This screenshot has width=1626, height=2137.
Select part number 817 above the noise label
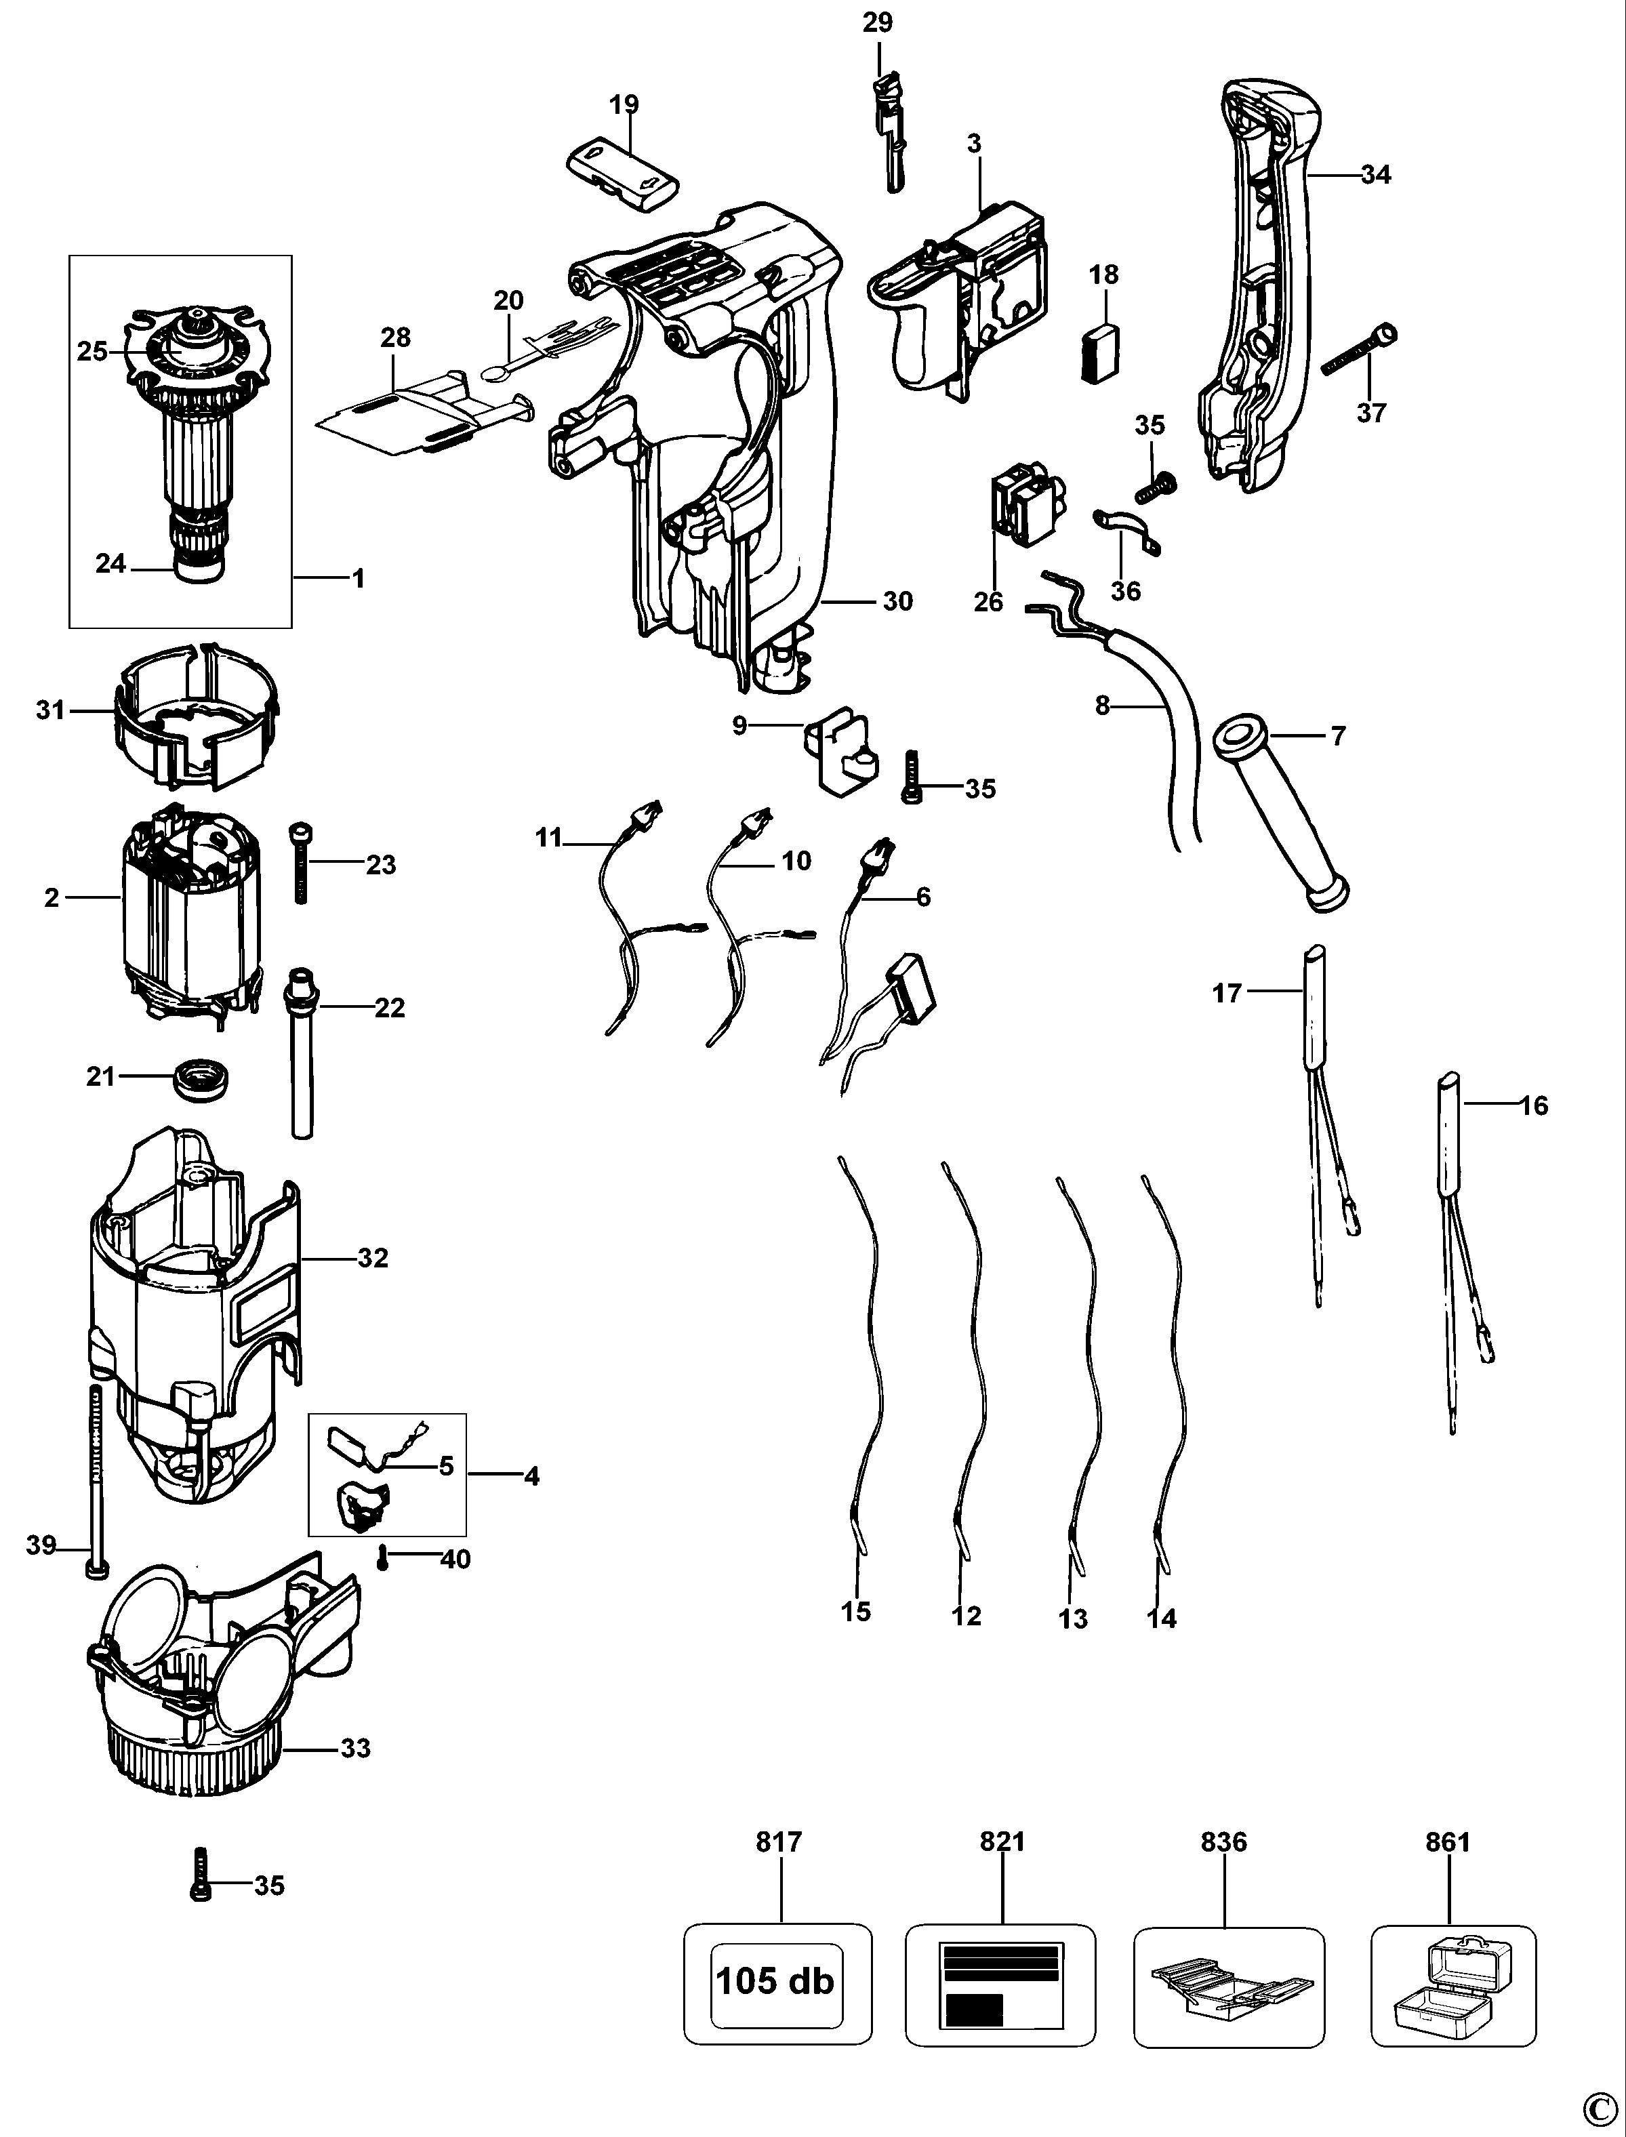[779, 1841]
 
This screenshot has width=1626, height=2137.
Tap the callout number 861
[1448, 1841]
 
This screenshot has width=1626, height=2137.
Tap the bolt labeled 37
[1360, 352]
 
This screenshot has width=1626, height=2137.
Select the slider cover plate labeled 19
[622, 174]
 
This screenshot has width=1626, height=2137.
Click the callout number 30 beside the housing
[897, 601]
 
